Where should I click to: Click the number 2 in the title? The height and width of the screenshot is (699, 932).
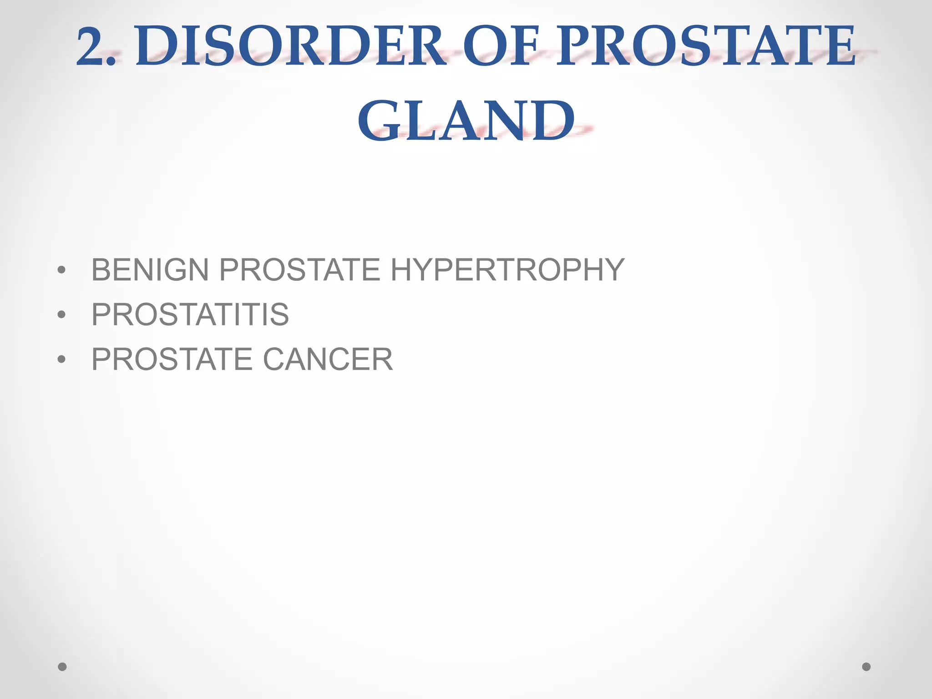[x=91, y=46]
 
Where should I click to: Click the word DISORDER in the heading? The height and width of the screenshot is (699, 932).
[x=291, y=46]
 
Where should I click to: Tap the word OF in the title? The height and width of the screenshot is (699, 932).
[x=501, y=46]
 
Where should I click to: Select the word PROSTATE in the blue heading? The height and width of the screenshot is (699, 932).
[x=705, y=46]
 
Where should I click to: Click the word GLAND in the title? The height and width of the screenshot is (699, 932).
[x=466, y=121]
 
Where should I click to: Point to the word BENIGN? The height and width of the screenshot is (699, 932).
[x=150, y=270]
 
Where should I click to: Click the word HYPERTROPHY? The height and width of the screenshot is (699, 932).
[x=507, y=270]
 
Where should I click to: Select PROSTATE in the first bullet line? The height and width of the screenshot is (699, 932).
[x=299, y=270]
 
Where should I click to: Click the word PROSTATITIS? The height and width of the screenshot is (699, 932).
[x=190, y=314]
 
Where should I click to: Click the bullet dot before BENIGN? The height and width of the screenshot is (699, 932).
[x=62, y=270]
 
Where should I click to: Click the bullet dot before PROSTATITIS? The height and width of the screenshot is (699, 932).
[x=62, y=314]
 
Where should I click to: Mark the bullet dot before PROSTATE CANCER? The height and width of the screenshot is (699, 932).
[x=62, y=360]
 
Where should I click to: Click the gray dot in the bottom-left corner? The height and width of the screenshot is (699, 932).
[x=62, y=667]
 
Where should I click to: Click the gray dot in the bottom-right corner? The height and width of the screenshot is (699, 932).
[x=866, y=667]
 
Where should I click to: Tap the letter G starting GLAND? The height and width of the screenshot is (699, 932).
[x=379, y=121]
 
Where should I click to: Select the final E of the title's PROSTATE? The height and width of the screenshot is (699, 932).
[x=837, y=46]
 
